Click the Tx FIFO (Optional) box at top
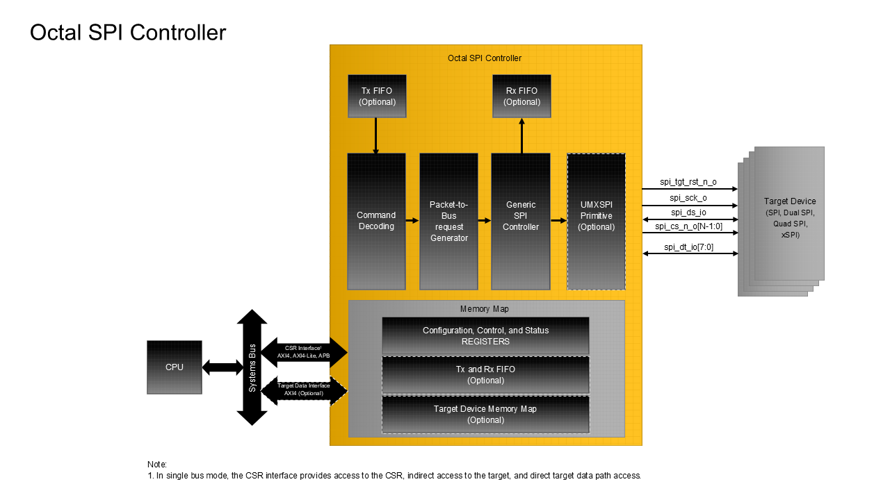(377, 97)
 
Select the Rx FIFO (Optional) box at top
(521, 97)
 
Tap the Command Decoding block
(376, 221)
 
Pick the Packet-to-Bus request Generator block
(448, 221)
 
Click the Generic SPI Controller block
(521, 221)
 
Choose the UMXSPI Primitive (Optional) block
(596, 221)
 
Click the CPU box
(175, 367)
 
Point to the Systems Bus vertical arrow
(252, 367)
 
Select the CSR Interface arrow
(303, 351)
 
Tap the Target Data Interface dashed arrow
(303, 390)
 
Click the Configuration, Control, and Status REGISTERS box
(485, 336)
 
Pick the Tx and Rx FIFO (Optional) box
(485, 375)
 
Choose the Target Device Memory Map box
(485, 415)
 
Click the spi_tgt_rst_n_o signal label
(688, 182)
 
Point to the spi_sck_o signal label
(688, 198)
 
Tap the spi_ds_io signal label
(688, 212)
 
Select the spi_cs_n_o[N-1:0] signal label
(688, 226)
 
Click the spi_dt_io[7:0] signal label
(688, 247)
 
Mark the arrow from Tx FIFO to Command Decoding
(376, 135)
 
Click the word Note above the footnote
(157, 464)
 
